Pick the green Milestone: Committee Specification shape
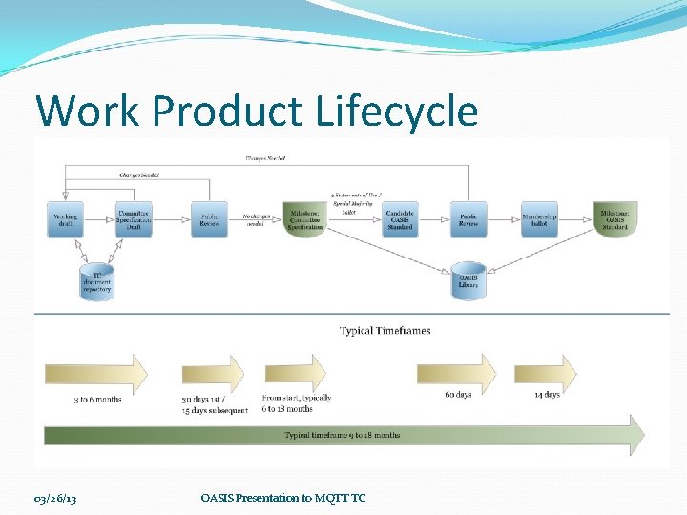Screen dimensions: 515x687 click(x=304, y=220)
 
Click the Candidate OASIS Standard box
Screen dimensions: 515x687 click(x=401, y=219)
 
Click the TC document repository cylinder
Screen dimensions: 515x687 click(x=95, y=281)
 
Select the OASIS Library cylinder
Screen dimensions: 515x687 click(x=468, y=281)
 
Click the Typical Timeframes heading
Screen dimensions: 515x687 click(x=385, y=331)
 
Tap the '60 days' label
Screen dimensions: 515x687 click(x=458, y=394)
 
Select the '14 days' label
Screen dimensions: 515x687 click(x=547, y=394)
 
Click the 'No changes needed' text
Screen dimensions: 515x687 click(x=255, y=220)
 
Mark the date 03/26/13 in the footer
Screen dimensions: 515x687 click(x=55, y=497)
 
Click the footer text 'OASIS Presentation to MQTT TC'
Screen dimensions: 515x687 click(x=283, y=497)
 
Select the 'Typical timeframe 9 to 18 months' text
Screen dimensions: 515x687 click(x=343, y=435)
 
